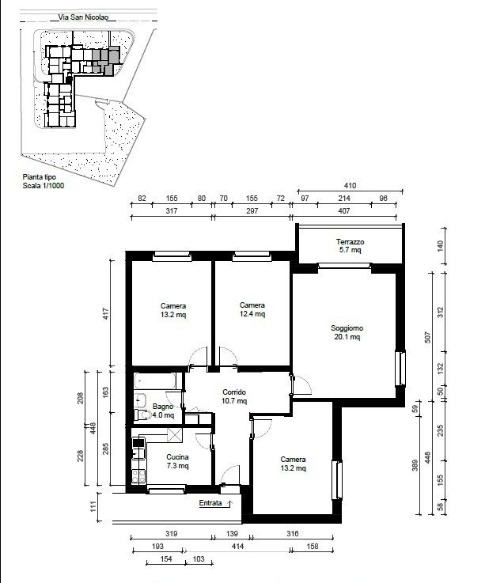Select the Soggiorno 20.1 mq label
(347, 332)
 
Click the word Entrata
(210, 503)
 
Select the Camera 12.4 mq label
(252, 309)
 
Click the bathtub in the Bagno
(155, 380)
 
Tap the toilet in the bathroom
(143, 415)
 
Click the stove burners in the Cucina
(138, 476)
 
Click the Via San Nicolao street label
(83, 17)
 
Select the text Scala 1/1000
(44, 186)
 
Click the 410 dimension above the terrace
(350, 186)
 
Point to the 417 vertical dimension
(106, 313)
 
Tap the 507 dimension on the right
(428, 337)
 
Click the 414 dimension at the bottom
(237, 546)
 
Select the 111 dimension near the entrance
(93, 506)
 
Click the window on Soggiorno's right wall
(401, 369)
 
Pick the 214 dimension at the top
(344, 199)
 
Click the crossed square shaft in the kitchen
(175, 435)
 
